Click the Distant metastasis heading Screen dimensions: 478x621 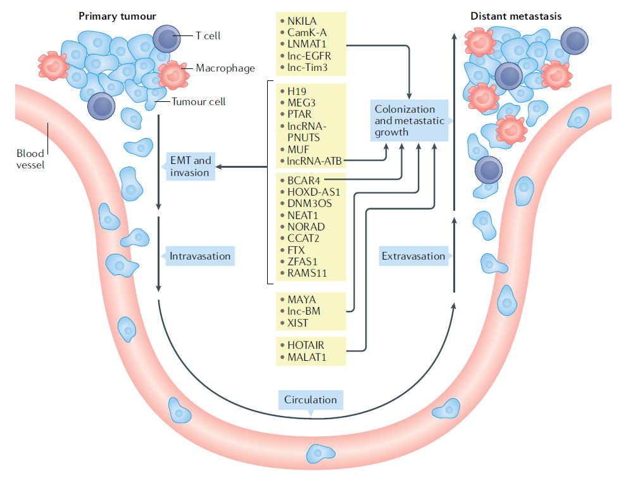[516, 16]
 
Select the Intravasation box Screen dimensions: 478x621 [200, 256]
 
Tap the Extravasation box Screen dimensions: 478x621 [413, 256]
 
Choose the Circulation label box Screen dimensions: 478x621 [310, 399]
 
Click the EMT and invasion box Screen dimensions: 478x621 [190, 167]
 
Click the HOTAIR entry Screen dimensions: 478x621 [305, 345]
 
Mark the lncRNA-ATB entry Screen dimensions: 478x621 [314, 161]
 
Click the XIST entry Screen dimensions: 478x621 [298, 322]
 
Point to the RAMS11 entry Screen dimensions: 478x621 [308, 273]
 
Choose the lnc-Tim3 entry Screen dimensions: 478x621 [308, 67]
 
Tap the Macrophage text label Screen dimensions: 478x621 [225, 68]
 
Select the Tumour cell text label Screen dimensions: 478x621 [199, 101]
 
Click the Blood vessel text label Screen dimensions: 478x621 [30, 159]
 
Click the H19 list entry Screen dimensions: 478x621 [296, 91]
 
